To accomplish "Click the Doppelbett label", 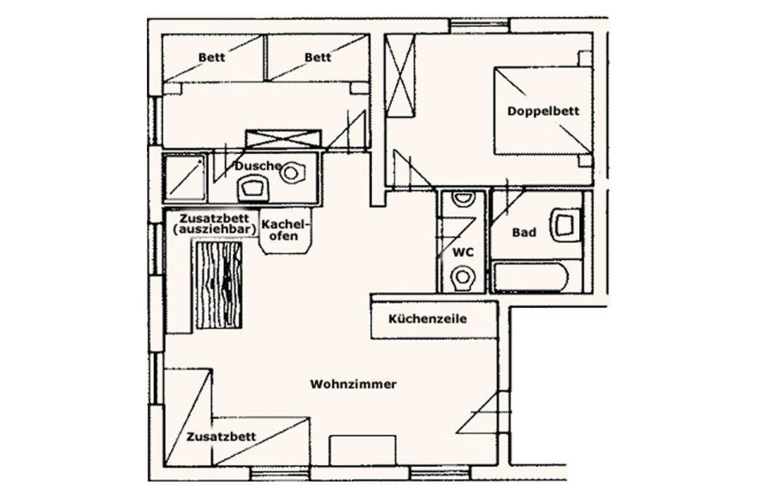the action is tap(543, 111).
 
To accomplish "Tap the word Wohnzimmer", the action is tap(353, 385).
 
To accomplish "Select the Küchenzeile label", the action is tap(428, 319).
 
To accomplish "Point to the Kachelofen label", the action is tap(284, 230).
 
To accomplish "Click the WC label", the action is tap(463, 252).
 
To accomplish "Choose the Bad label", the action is tap(523, 233).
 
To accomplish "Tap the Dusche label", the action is tap(258, 166).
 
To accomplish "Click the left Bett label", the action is tap(211, 57).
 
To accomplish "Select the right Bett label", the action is tap(317, 57).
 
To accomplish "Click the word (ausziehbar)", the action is tap(214, 230).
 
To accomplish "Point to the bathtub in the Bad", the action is tap(530, 277).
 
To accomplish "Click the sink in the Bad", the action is tap(565, 225).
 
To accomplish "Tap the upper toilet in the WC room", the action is tap(463, 198).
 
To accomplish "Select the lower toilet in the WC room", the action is tap(463, 278).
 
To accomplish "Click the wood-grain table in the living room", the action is tap(218, 285).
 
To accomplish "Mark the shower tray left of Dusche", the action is tap(185, 178).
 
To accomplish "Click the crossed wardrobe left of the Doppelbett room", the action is tap(400, 75).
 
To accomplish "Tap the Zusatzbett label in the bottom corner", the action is tap(222, 437).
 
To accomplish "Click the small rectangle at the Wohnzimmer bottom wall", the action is tap(363, 452).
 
